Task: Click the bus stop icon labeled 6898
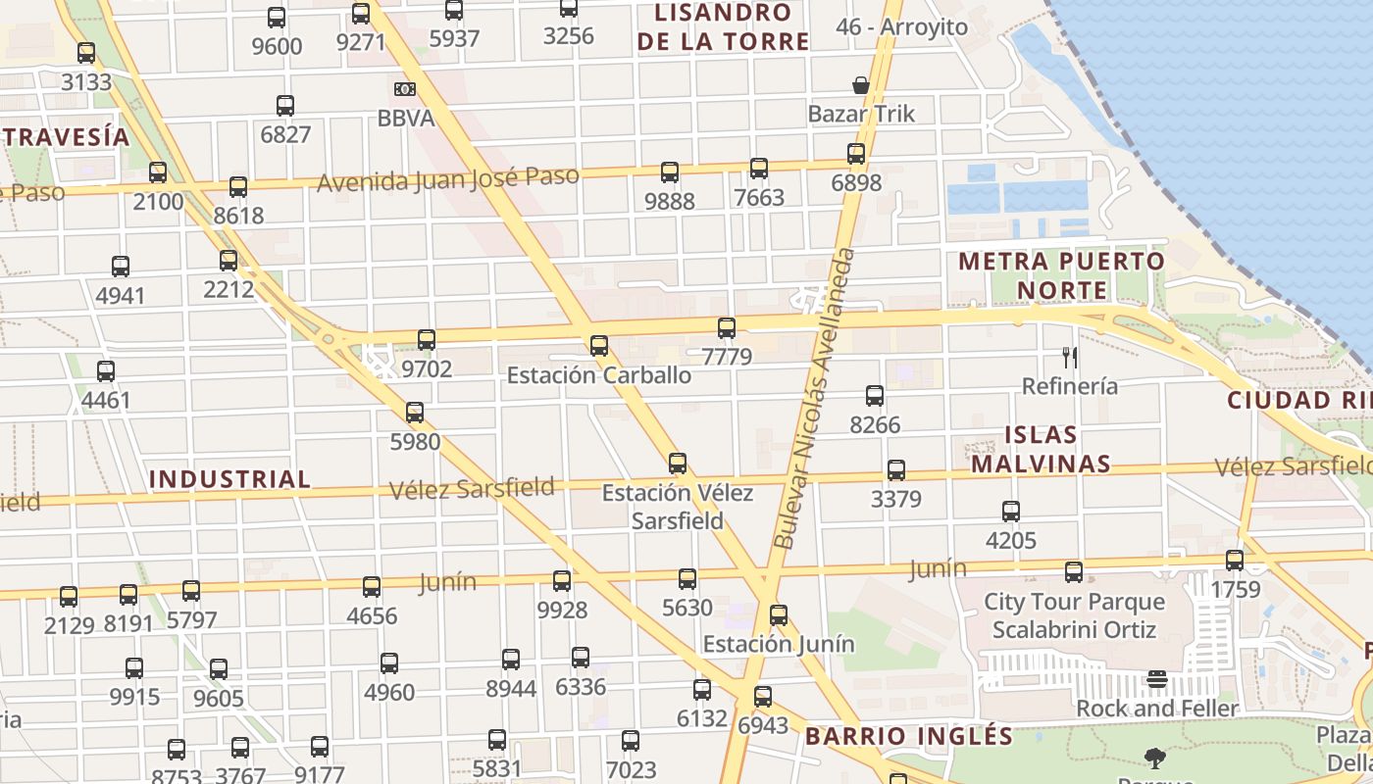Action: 856,154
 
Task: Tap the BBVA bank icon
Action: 405,89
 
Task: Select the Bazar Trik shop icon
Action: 861,85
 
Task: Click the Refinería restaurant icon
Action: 1070,358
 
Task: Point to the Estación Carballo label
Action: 598,375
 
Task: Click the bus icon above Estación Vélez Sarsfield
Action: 678,464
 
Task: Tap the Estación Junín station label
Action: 779,644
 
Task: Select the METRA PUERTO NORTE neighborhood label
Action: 1061,276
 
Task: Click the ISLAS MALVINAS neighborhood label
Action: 1041,449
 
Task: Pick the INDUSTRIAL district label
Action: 229,479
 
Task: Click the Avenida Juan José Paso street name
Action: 447,179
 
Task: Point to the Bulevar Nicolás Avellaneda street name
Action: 816,398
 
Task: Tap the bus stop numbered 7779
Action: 727,328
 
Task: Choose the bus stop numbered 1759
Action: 1235,561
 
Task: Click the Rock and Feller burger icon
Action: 1157,679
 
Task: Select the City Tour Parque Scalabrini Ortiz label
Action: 1074,615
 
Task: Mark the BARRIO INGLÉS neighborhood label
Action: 908,736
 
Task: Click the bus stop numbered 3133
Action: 86,53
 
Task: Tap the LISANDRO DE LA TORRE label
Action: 723,27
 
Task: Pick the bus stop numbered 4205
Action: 1011,512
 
